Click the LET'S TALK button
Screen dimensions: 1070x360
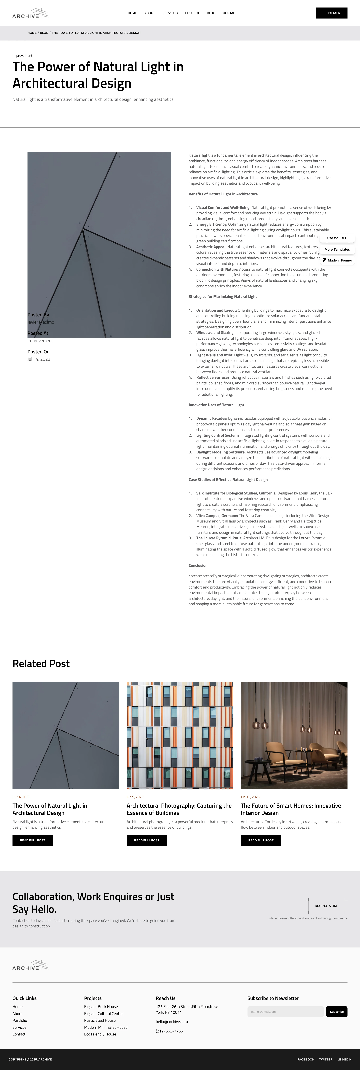pos(331,13)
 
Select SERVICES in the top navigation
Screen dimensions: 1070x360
pos(170,13)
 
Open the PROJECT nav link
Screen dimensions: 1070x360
pos(192,13)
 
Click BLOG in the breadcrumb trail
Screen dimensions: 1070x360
pos(44,33)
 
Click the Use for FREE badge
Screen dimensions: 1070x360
pos(337,238)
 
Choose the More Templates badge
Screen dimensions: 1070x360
pos(337,250)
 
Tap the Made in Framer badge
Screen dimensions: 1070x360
pos(337,260)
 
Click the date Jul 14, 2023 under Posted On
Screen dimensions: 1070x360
pos(39,359)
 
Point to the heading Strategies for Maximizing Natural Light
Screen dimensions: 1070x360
pos(222,297)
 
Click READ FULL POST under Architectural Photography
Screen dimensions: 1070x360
pos(147,840)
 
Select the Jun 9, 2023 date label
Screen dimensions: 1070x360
pos(135,797)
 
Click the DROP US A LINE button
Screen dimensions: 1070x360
pos(326,906)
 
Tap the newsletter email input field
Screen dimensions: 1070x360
pos(285,1011)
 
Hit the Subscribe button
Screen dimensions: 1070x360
pos(336,1011)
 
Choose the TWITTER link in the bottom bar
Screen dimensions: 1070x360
pos(325,1059)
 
